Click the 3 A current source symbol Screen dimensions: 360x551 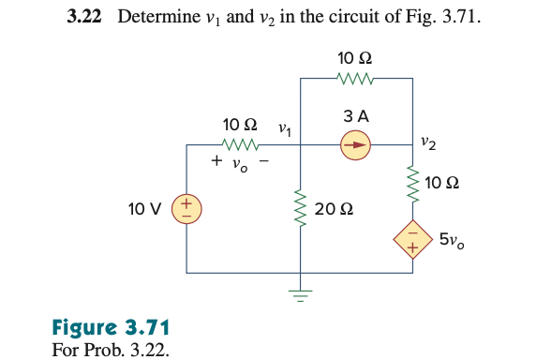356,144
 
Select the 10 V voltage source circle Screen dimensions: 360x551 186,207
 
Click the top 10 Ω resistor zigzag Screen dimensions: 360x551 356,79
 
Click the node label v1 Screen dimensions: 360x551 284,128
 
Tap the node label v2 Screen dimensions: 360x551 427,142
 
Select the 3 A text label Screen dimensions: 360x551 356,117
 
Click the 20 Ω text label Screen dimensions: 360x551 334,208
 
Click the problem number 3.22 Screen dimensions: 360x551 87,18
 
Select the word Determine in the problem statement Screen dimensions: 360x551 154,18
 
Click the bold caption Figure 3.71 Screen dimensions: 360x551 110,328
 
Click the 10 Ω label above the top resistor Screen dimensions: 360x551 356,59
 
